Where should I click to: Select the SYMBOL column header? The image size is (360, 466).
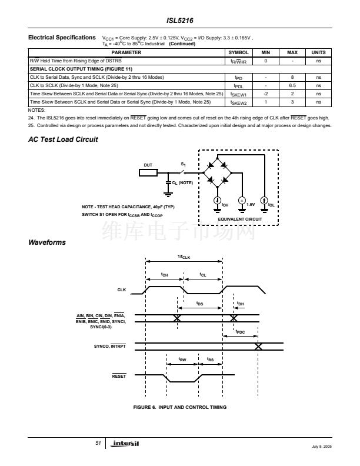pyautogui.click(x=238, y=52)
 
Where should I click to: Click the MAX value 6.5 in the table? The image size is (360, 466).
pyautogui.click(x=292, y=85)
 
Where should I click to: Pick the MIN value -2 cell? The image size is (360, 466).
pyautogui.click(x=266, y=94)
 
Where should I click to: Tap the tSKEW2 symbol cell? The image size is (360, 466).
pyautogui.click(x=238, y=102)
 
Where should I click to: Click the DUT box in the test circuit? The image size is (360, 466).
pyautogui.click(x=148, y=172)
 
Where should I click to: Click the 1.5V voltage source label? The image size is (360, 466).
pyautogui.click(x=251, y=204)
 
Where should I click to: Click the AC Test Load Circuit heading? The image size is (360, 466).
pyautogui.click(x=63, y=139)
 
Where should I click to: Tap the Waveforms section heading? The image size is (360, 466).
pyautogui.click(x=47, y=242)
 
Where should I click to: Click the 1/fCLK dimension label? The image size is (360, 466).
pyautogui.click(x=184, y=256)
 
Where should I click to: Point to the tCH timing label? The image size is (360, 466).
pyautogui.click(x=165, y=274)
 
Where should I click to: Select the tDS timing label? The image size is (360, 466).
pyautogui.click(x=200, y=304)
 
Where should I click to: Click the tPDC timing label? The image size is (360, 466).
pyautogui.click(x=240, y=332)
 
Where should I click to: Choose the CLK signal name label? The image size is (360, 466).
pyautogui.click(x=122, y=290)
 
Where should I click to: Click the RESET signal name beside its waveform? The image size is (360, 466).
pyautogui.click(x=119, y=375)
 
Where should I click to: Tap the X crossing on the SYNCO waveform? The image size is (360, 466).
pyautogui.click(x=258, y=345)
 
